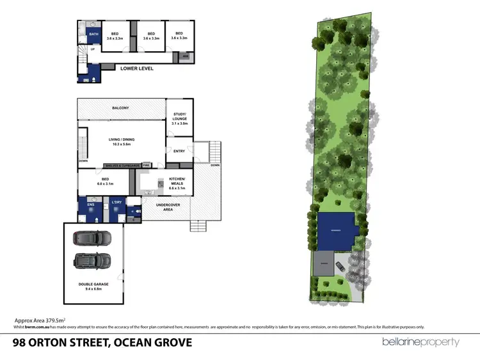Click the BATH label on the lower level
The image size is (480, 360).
[x=93, y=34]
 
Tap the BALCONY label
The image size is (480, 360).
[x=120, y=108]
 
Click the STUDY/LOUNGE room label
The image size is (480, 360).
[x=180, y=118]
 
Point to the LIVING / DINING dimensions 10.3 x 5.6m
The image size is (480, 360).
[x=120, y=145]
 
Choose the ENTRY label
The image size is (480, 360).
[x=179, y=151]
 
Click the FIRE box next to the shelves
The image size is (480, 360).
[x=146, y=164]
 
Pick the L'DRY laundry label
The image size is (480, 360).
[x=116, y=203]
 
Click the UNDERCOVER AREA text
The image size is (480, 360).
[x=164, y=207]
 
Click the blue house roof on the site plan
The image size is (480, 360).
[x=335, y=231]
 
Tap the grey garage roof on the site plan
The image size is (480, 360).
[x=324, y=263]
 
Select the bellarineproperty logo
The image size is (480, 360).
[x=420, y=342]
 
